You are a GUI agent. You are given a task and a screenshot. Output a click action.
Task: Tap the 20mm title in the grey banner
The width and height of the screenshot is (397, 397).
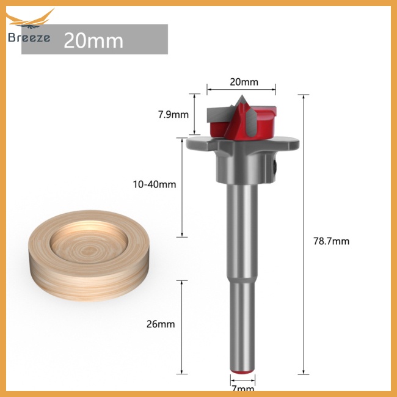point(93,40)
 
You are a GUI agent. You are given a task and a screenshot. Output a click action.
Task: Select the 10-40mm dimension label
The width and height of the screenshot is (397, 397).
point(155,184)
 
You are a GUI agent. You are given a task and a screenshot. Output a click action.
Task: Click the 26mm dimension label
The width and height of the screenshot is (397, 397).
point(162,324)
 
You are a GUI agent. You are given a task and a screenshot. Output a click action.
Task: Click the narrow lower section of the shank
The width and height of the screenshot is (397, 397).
point(243,330)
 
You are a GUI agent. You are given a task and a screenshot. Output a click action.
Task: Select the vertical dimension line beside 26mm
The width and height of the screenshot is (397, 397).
point(181,327)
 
